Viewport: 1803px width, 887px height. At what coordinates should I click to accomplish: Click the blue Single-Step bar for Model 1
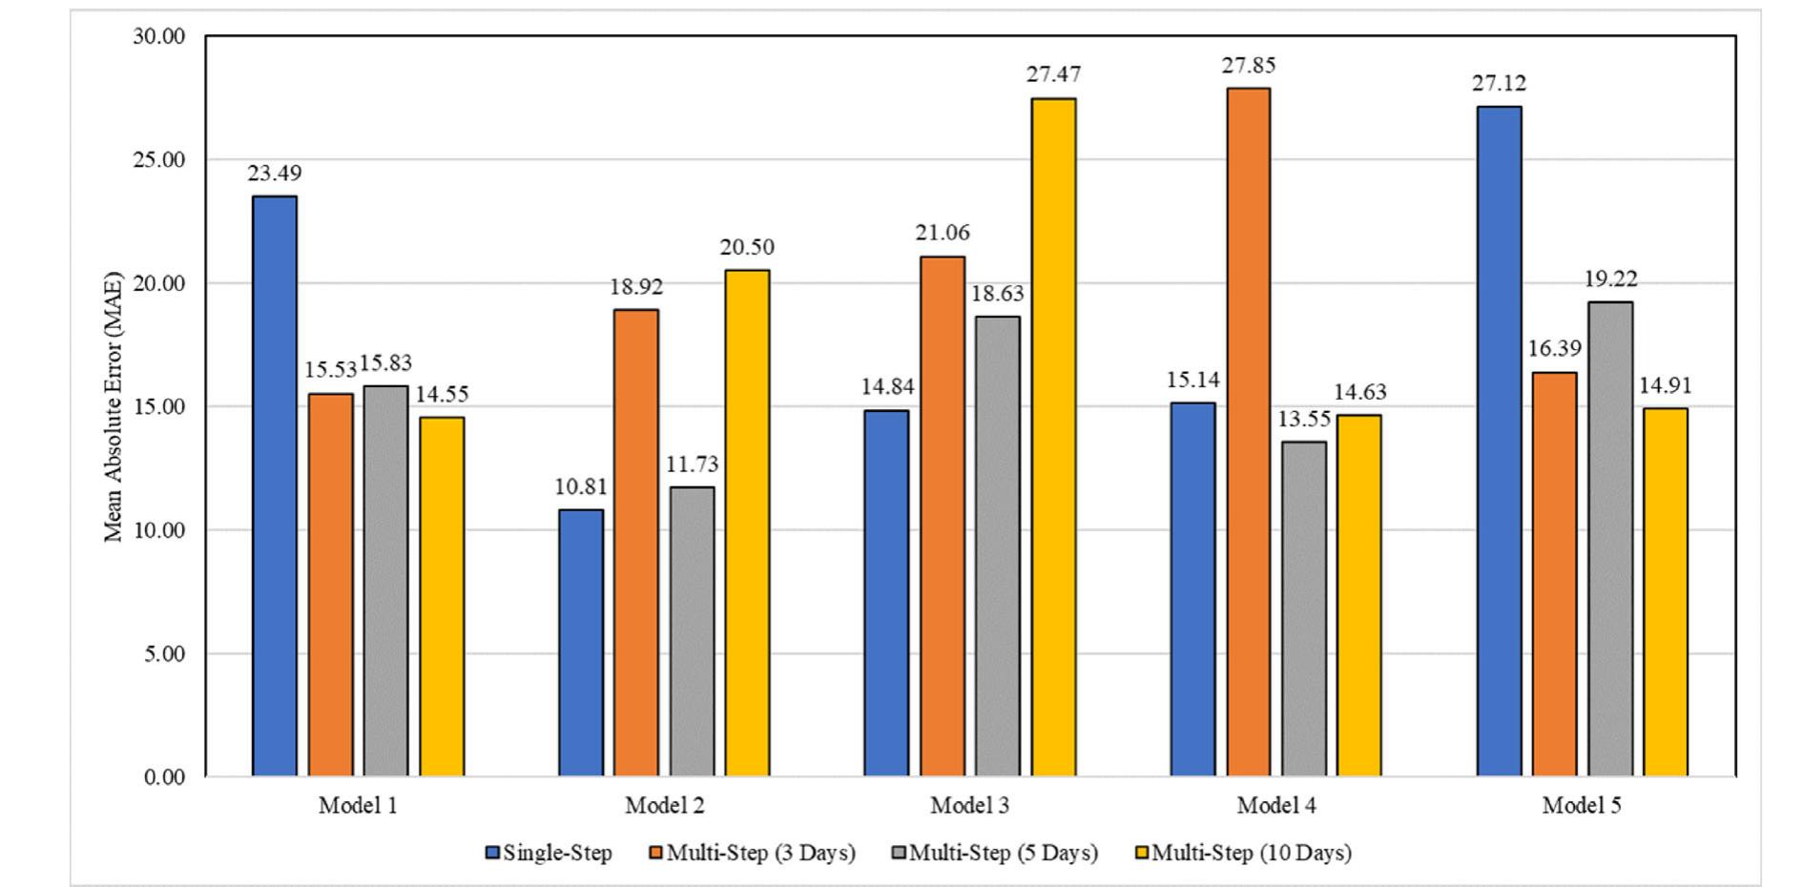tap(275, 486)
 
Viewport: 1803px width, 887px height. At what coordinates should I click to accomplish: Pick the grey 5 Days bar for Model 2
tap(692, 631)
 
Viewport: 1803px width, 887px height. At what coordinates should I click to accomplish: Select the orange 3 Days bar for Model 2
tap(636, 543)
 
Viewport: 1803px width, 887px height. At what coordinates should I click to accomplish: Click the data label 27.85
tap(1249, 66)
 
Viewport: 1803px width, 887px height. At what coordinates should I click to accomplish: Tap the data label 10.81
tap(581, 487)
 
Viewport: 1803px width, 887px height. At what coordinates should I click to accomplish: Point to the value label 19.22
tap(1610, 279)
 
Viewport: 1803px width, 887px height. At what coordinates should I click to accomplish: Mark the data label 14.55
tap(442, 395)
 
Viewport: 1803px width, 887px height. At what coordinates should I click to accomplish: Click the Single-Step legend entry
tap(549, 853)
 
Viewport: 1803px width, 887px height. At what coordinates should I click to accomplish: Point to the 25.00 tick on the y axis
tap(159, 159)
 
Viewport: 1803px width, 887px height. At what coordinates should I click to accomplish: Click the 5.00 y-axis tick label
tap(164, 654)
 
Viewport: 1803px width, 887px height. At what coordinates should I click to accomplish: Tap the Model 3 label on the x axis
tap(969, 806)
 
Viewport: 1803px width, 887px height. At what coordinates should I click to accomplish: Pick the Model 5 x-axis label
tap(1581, 806)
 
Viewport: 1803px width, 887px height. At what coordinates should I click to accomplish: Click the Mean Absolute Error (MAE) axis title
tap(114, 407)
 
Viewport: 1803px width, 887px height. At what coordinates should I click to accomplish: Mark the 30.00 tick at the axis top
tap(159, 36)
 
